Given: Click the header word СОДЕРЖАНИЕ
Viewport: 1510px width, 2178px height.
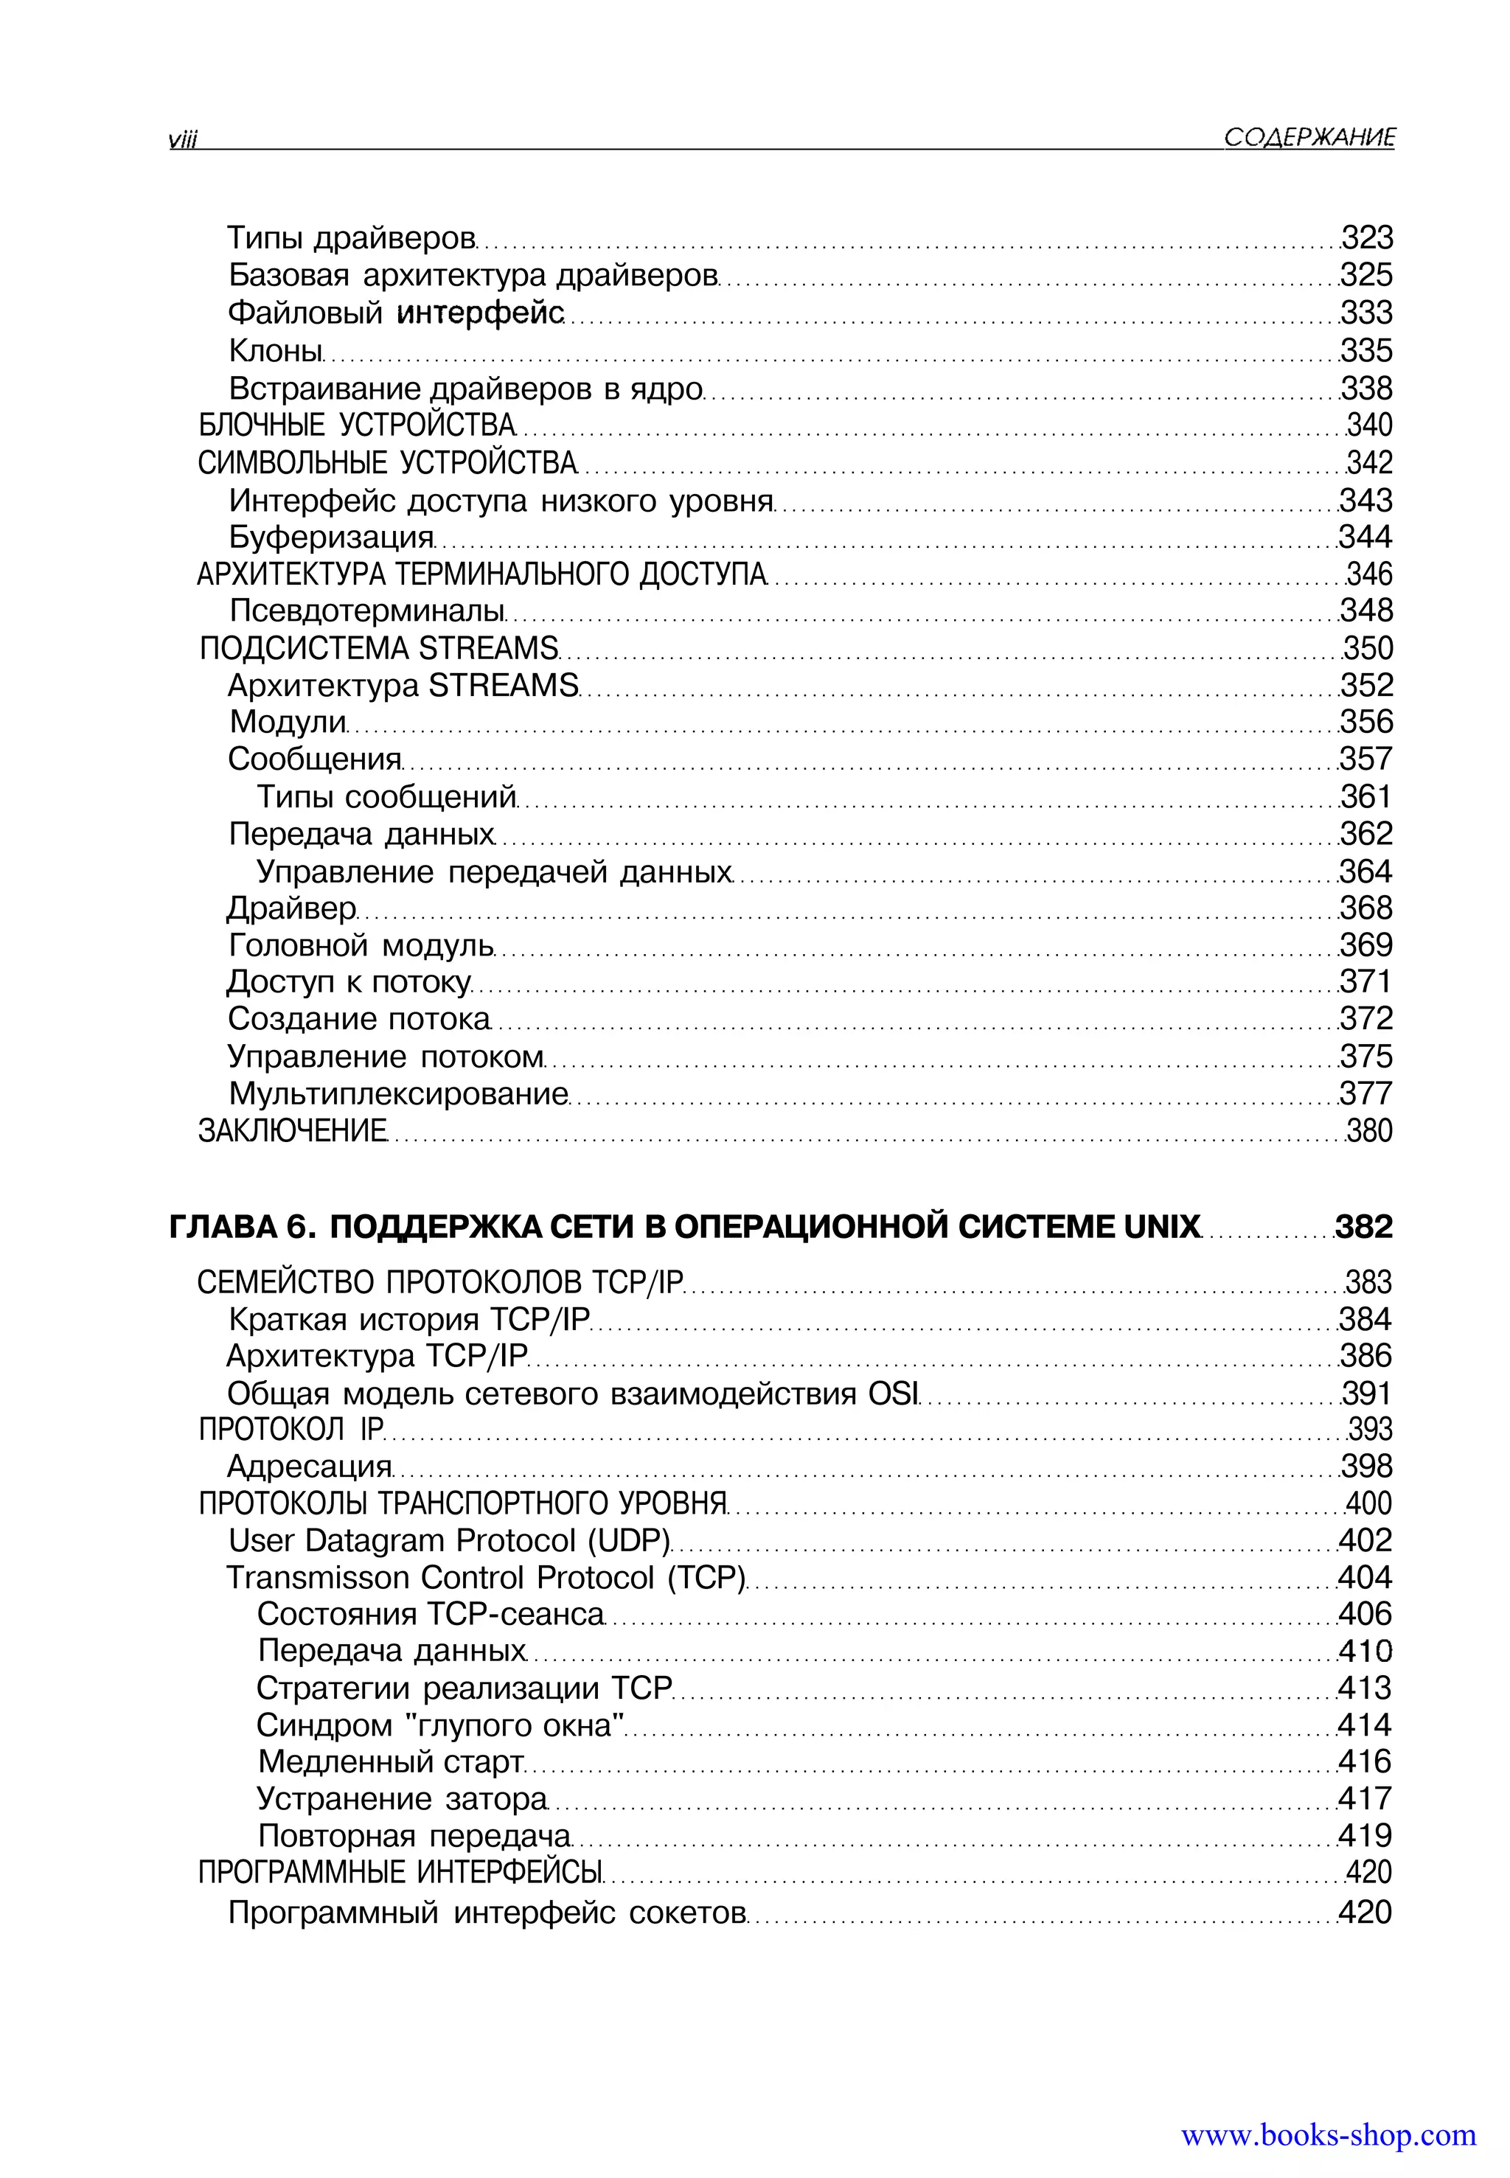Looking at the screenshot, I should [x=1309, y=138].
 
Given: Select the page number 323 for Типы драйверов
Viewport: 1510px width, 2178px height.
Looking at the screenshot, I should [x=1367, y=237].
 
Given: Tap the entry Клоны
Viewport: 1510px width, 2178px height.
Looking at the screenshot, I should [x=275, y=351].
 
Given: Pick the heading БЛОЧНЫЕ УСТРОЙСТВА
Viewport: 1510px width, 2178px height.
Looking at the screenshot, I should [x=357, y=425].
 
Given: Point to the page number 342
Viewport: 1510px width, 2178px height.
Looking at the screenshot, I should [x=1369, y=463].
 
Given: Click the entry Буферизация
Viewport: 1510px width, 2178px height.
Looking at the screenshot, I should [x=331, y=537].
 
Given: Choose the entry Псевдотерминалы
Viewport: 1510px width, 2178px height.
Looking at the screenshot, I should [x=367, y=610].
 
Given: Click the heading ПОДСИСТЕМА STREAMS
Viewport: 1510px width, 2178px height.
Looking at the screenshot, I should [x=378, y=648].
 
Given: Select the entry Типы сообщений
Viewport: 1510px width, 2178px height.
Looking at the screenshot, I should [x=387, y=796].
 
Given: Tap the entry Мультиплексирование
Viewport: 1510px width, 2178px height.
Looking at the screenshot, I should [x=398, y=1093].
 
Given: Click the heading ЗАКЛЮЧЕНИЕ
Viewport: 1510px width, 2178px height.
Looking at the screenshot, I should [x=293, y=1130].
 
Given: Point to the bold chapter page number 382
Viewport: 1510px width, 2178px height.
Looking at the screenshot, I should [x=1363, y=1227].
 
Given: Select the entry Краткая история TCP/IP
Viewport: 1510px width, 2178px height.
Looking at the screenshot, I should [x=408, y=1319].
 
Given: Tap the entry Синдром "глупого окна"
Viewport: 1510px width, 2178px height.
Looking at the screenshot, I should [x=440, y=1725].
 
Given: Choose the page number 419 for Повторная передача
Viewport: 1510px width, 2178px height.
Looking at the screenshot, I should [x=1364, y=1835].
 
